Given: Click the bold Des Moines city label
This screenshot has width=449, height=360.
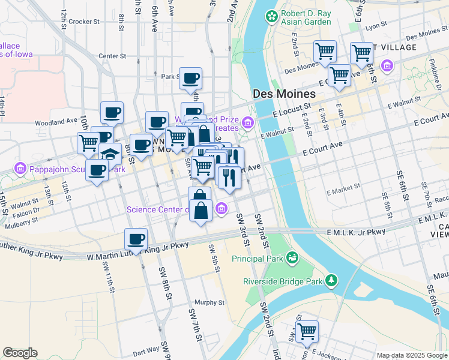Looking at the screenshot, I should (x=284, y=94).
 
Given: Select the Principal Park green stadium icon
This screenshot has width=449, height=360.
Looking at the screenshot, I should (x=292, y=259).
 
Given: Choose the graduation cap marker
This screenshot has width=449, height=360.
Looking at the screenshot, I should (x=110, y=154).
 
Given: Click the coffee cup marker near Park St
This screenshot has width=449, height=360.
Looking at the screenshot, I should (x=190, y=78).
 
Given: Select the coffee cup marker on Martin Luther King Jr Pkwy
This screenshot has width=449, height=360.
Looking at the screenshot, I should (x=136, y=239).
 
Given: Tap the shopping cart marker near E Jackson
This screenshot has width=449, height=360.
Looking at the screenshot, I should (x=307, y=331).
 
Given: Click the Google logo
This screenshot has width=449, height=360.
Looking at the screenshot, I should (x=20, y=353).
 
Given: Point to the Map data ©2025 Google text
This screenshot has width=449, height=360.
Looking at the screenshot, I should (x=411, y=355).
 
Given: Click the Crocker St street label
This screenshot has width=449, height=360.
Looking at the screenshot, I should (x=83, y=22).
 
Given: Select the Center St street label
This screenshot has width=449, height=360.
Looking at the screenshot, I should (x=112, y=56).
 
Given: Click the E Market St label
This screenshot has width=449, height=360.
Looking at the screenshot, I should (x=342, y=193).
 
